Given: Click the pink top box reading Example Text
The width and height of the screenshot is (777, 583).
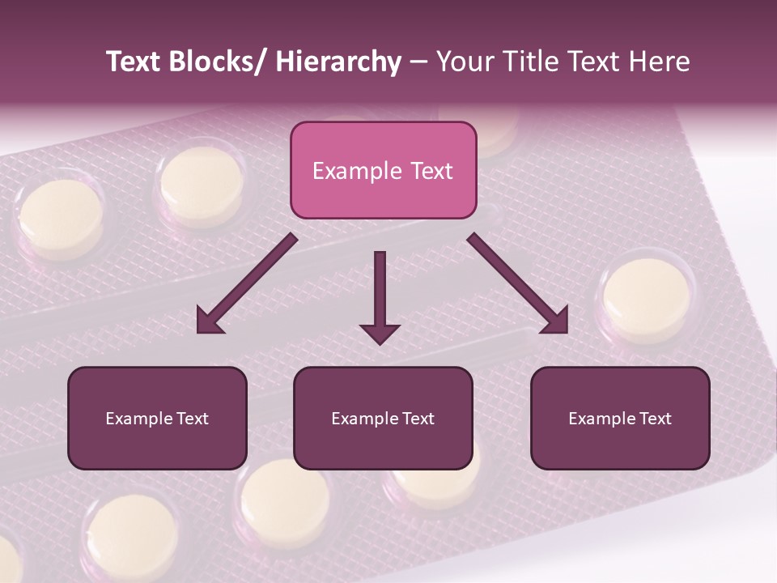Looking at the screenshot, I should (x=383, y=170).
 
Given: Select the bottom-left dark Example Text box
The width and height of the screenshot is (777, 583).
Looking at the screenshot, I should (x=157, y=418).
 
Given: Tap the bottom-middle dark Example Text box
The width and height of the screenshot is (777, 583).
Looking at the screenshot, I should (x=383, y=418).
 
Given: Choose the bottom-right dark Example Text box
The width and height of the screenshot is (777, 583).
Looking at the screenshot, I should (x=620, y=418).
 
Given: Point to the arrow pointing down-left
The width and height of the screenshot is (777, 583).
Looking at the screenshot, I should (x=243, y=287).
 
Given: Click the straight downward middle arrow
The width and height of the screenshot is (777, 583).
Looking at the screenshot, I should (x=380, y=296).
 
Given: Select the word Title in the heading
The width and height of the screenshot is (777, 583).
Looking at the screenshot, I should (x=533, y=62).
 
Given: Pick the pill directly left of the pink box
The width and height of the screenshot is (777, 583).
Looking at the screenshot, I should (x=202, y=185).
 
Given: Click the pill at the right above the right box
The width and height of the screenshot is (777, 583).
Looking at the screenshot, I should (x=647, y=299).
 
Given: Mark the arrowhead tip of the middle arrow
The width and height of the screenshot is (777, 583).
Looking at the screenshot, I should (x=380, y=343).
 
